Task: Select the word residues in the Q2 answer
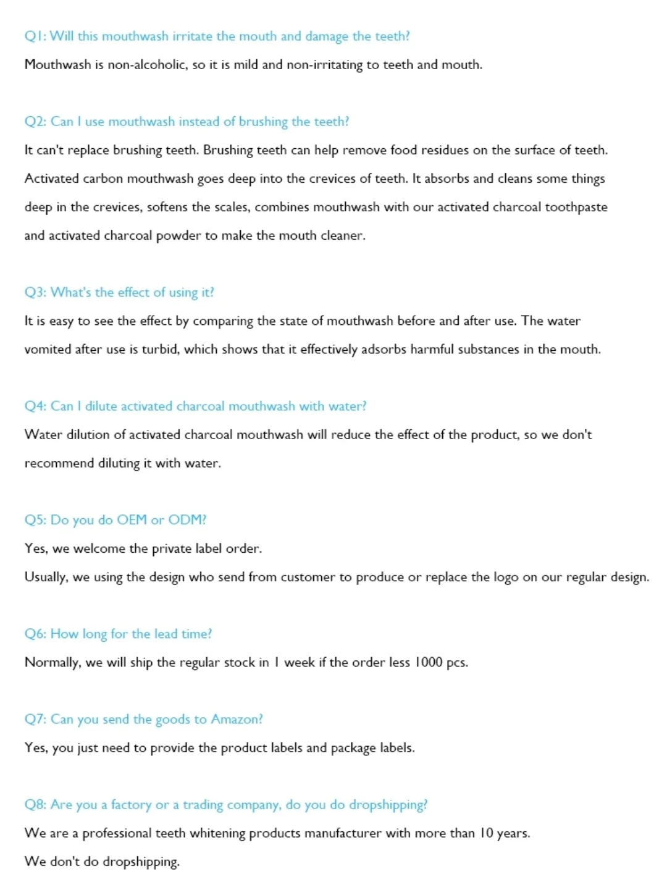[445, 150]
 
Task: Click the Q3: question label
[35, 293]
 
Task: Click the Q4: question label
[35, 406]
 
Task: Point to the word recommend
[59, 463]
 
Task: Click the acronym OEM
[132, 520]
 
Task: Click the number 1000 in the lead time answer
[428, 663]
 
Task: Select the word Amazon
[237, 720]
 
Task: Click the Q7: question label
[35, 720]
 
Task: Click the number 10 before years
[486, 833]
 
